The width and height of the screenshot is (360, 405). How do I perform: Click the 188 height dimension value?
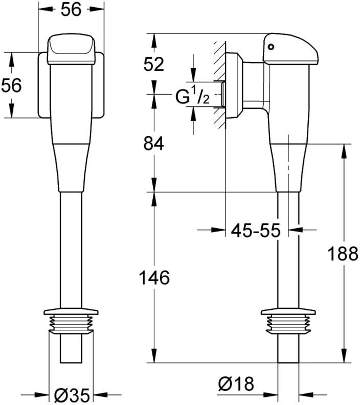pos(343,254)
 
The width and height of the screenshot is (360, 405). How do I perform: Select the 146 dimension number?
pos(154,278)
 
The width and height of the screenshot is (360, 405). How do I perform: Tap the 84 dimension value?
pos(153,144)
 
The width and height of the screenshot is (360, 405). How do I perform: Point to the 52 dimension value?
pos(153,64)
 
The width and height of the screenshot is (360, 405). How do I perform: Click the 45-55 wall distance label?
pos(255,230)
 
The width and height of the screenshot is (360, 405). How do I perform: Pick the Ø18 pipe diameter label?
pos(236,384)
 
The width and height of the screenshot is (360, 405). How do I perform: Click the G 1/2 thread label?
pos(192,97)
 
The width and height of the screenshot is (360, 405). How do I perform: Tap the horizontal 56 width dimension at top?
pos(71,10)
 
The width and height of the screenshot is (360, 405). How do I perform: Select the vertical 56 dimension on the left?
pos(11,85)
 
